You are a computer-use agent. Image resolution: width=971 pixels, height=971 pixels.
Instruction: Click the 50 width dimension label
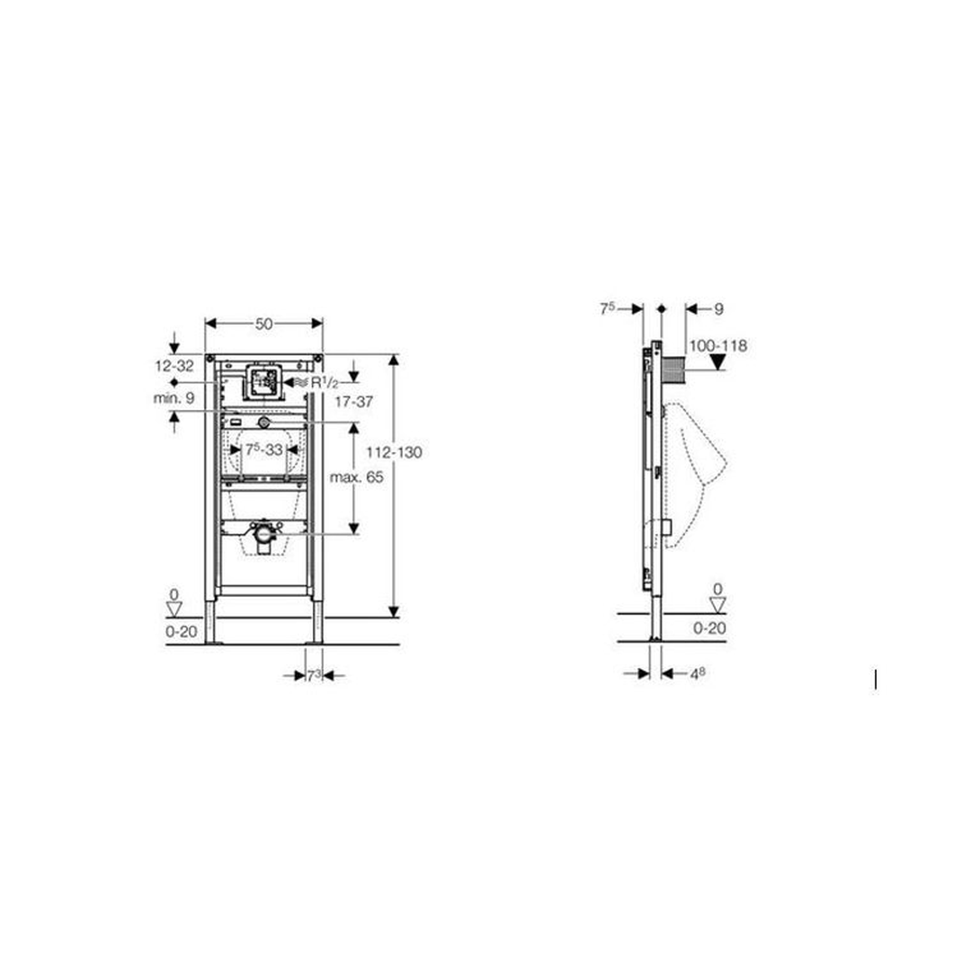click(263, 324)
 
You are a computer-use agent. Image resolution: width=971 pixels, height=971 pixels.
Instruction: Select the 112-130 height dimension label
click(394, 452)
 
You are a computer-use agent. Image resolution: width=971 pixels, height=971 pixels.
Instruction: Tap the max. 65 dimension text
click(357, 477)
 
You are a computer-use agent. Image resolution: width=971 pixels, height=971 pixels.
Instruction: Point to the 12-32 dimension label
click(174, 366)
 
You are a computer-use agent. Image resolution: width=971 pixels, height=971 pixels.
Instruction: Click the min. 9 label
click(174, 398)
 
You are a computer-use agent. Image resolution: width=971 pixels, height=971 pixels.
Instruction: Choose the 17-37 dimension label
click(353, 402)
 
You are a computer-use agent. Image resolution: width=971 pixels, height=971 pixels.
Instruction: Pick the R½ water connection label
click(325, 383)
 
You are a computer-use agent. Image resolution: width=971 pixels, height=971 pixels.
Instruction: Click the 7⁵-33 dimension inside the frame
click(263, 450)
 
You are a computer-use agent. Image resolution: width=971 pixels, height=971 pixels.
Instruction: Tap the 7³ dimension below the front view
click(315, 675)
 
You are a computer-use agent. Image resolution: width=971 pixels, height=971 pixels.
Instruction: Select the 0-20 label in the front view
click(181, 632)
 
